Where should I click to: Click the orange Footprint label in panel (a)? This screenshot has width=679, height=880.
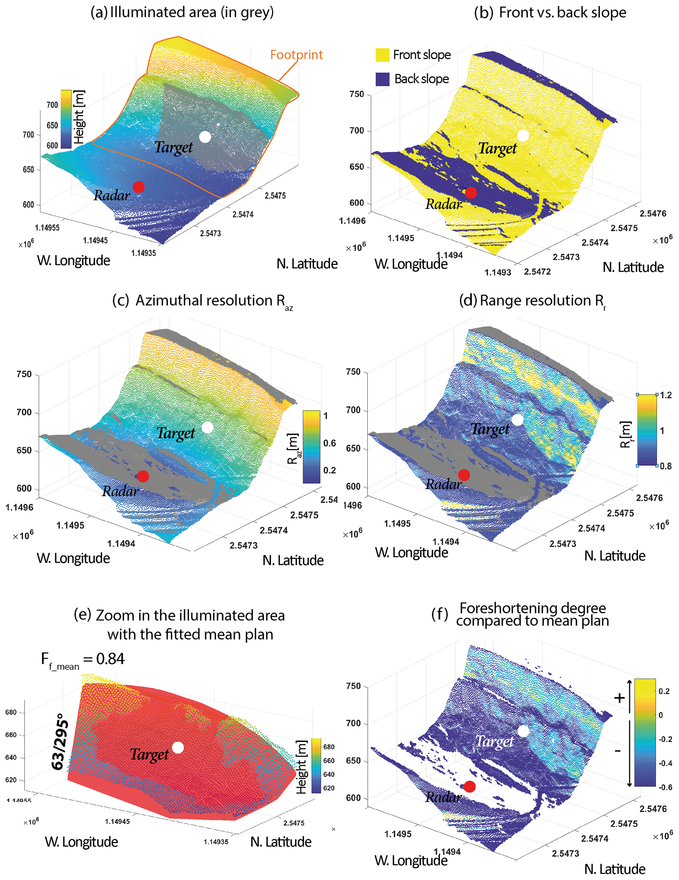(296, 55)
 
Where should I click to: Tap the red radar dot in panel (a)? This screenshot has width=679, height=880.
(138, 187)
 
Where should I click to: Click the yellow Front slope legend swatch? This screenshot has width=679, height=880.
(382, 55)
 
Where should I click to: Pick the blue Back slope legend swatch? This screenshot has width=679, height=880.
(382, 79)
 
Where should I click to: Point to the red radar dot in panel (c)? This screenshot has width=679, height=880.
(143, 476)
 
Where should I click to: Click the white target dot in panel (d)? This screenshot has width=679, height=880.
(517, 420)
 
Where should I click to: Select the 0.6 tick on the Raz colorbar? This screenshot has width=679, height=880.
(329, 443)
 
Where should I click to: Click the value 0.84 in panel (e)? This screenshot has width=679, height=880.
(110, 659)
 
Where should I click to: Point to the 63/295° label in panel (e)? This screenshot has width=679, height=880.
(59, 741)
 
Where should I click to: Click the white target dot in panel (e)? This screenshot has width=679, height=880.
(178, 747)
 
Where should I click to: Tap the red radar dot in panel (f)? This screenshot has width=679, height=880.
(469, 786)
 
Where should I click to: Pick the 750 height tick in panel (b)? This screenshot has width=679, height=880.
(356, 94)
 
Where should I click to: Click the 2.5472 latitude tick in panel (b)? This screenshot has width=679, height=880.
(537, 271)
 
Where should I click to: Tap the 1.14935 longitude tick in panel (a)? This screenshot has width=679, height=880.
(144, 253)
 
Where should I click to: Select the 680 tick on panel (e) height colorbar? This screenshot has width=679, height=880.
(328, 747)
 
